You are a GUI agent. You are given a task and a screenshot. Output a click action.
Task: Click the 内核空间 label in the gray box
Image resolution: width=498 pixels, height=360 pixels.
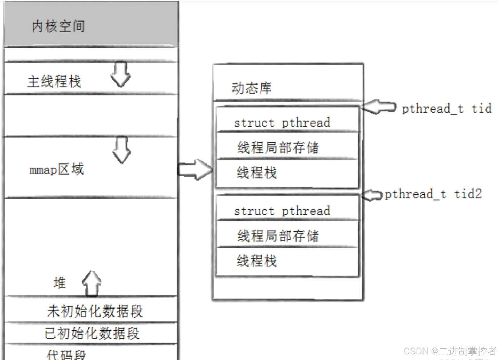point(58,26)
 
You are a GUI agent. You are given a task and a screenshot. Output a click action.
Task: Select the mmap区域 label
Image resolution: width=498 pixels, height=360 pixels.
point(57,170)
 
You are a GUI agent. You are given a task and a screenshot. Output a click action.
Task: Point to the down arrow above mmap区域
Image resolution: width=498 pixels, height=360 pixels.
point(121,150)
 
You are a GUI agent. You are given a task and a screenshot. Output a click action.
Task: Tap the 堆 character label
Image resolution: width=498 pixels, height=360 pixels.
point(60,283)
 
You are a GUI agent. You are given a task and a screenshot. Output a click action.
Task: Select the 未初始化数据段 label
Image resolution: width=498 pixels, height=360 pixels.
point(95,311)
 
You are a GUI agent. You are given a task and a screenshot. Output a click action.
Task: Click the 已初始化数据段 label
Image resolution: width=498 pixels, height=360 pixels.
point(92,333)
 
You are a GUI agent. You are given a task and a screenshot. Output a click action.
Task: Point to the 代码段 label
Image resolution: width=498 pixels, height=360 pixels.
point(66,355)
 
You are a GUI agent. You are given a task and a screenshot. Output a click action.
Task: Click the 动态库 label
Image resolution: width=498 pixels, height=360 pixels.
point(252,88)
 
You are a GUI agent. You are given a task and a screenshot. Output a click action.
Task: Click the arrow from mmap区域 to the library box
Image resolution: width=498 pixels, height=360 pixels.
point(195,169)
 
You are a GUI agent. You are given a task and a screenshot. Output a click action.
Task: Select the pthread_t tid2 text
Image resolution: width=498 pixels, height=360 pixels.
point(433,194)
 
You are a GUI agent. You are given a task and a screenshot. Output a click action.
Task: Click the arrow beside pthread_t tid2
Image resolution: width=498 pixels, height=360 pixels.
point(372,195)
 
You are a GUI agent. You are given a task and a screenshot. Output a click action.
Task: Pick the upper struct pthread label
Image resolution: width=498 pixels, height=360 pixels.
point(282,122)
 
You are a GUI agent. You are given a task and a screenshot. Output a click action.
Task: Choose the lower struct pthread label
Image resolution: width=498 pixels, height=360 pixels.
point(282,211)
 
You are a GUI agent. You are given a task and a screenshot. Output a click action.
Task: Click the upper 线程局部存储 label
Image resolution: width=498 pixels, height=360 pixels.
point(278,147)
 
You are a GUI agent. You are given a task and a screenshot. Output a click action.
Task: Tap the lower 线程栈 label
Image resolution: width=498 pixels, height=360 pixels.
point(257,261)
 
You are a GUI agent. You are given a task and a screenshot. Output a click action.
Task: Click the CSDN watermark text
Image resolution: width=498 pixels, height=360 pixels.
point(450,351)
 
